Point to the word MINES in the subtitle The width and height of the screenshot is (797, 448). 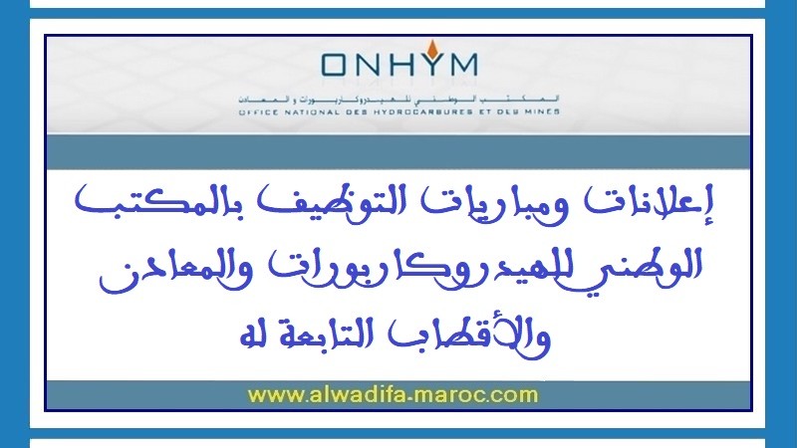(538, 112)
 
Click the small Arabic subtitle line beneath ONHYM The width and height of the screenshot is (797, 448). (398, 102)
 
